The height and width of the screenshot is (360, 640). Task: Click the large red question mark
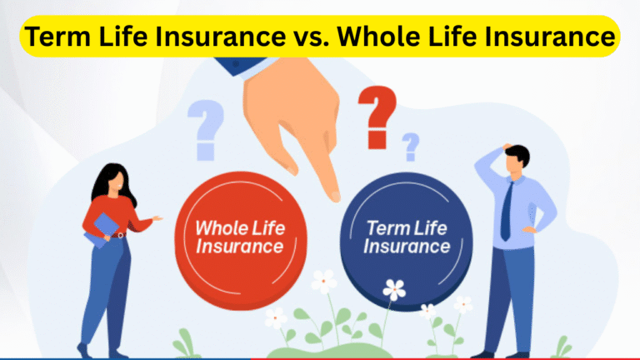(376, 117)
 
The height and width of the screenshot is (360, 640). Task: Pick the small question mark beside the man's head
(410, 147)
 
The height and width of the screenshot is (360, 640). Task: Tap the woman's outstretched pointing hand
(156, 218)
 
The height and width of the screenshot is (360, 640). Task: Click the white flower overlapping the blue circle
(393, 290)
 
